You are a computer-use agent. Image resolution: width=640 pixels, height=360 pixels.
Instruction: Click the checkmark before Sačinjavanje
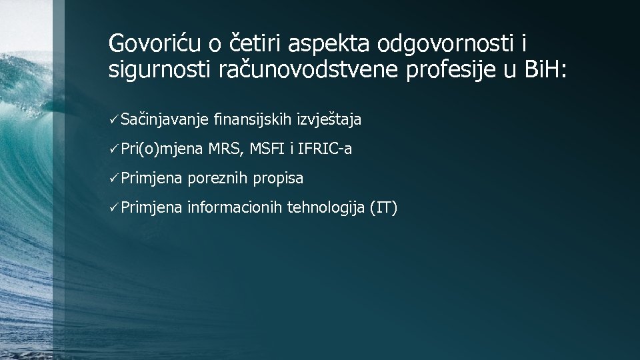114,120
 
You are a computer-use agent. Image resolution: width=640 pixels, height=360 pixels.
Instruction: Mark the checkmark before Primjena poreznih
114,179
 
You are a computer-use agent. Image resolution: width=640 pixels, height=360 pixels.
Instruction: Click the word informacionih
235,208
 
